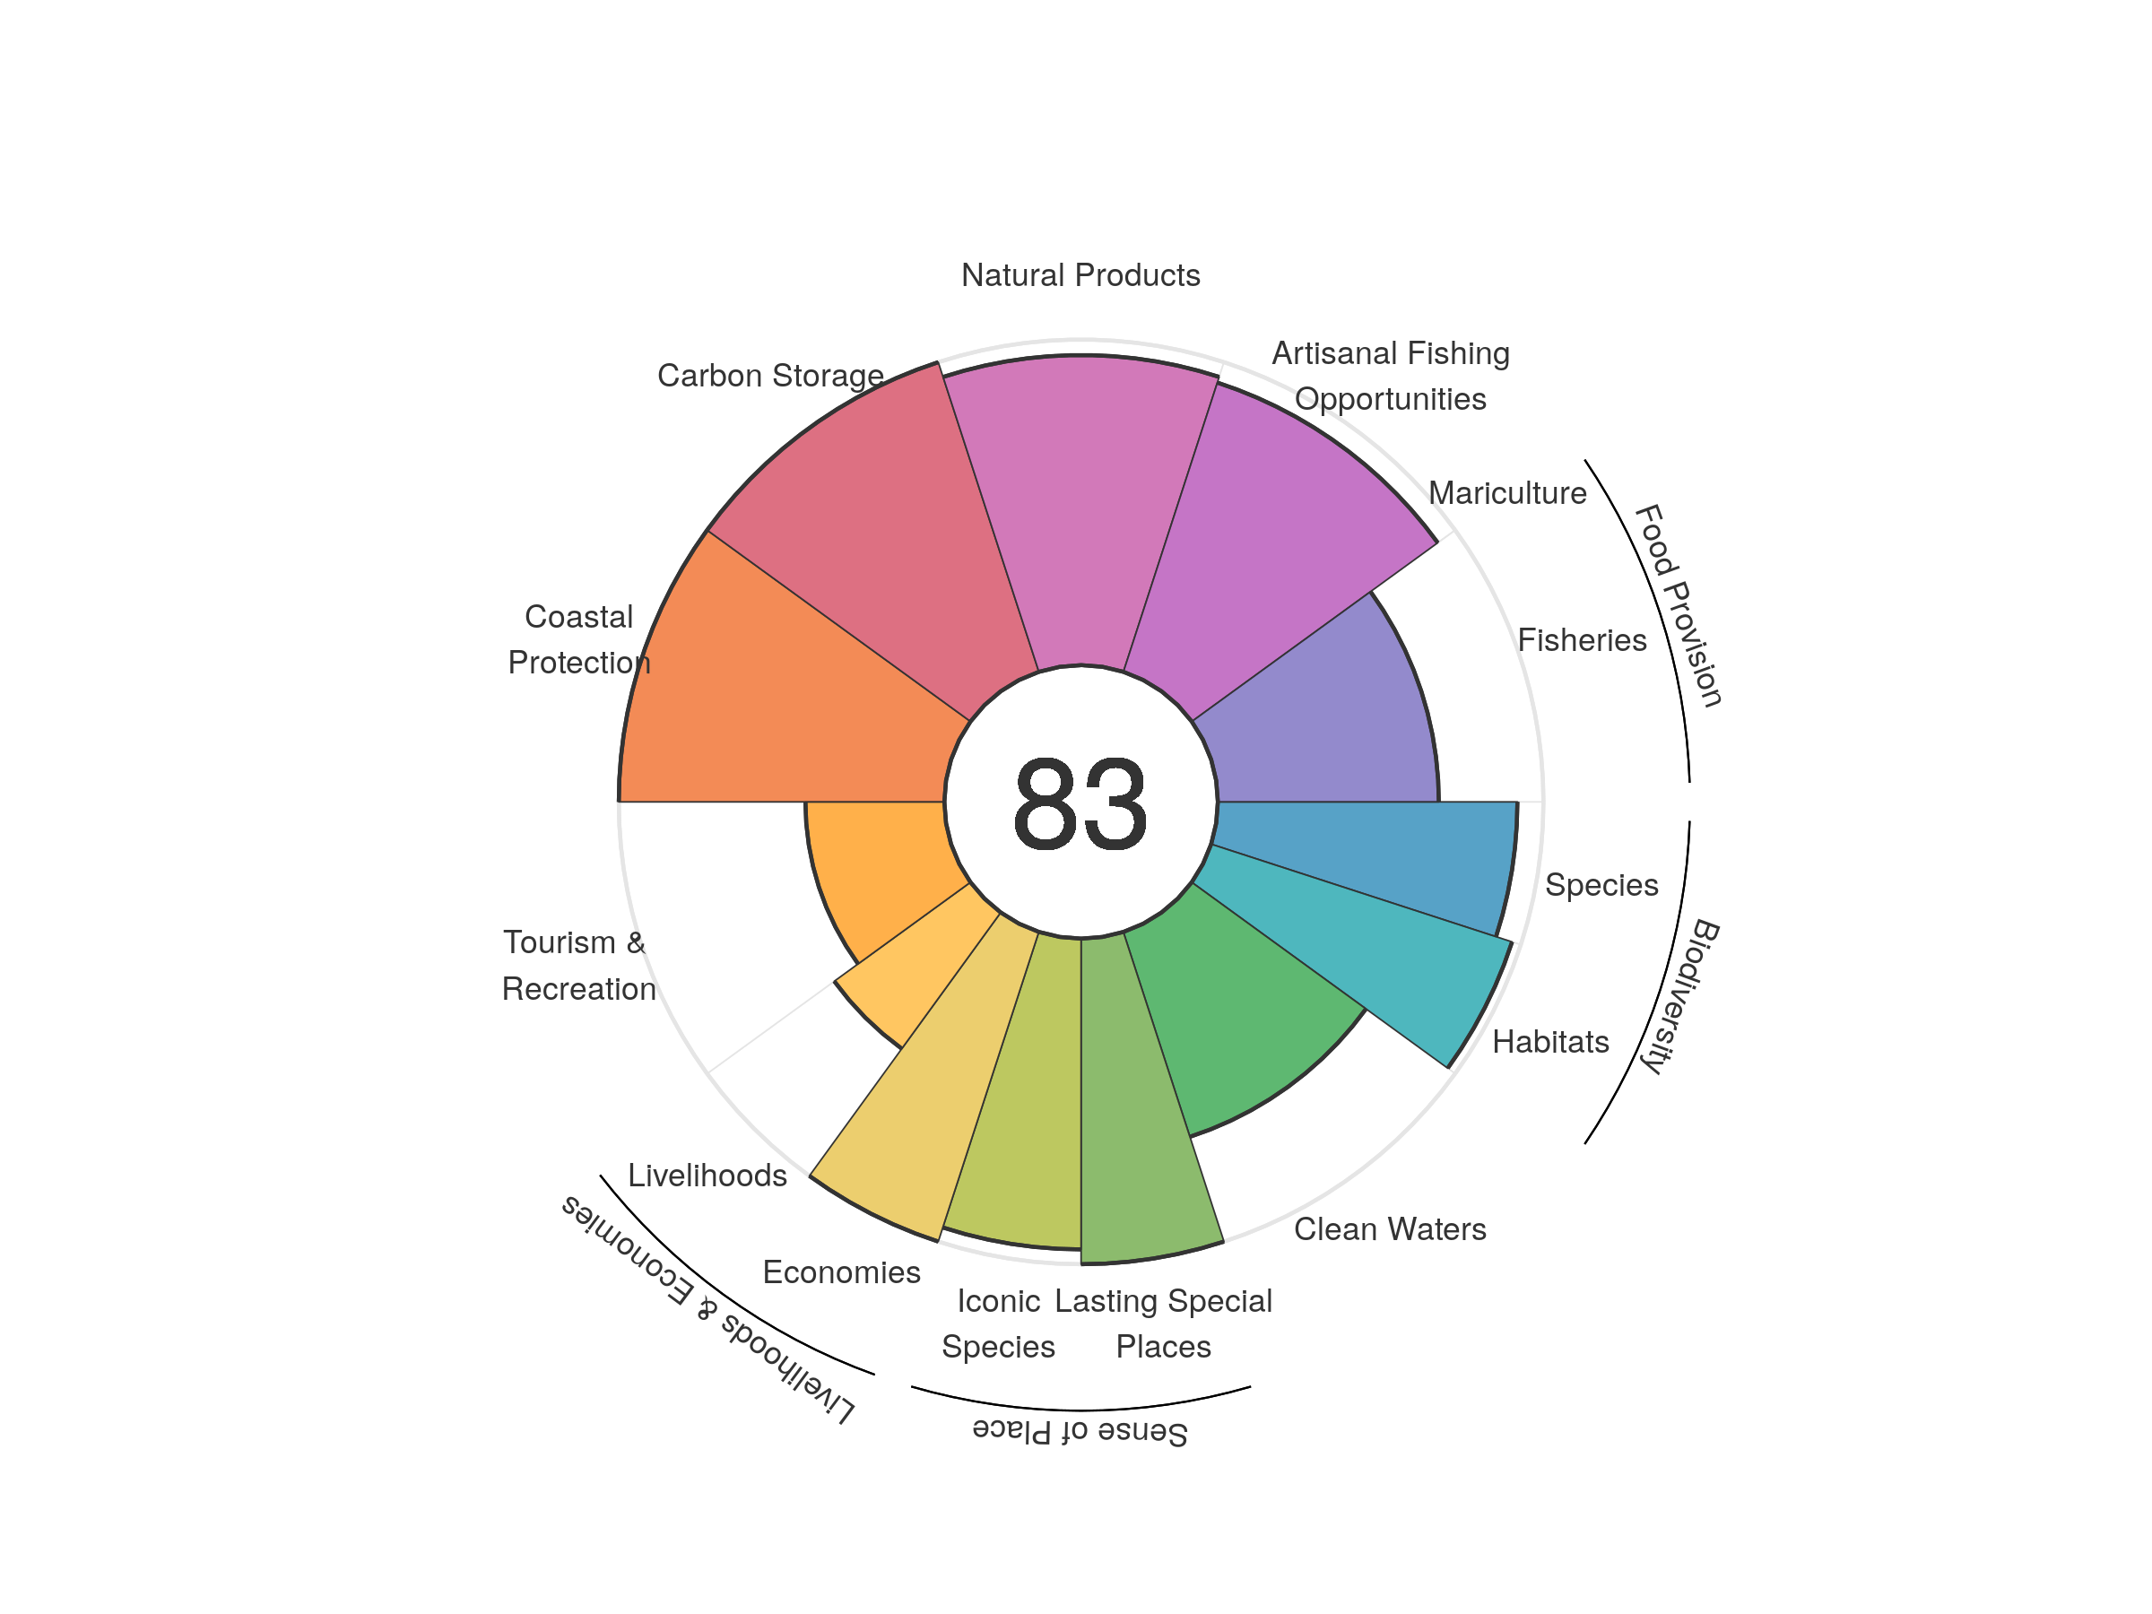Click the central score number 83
coord(1080,803)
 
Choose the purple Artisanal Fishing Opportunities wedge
coord(1264,545)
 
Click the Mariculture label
coord(1507,493)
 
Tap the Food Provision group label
coord(1679,605)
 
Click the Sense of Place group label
coord(1080,1431)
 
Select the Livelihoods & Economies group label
coord(707,1308)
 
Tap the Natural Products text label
coord(1080,275)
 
